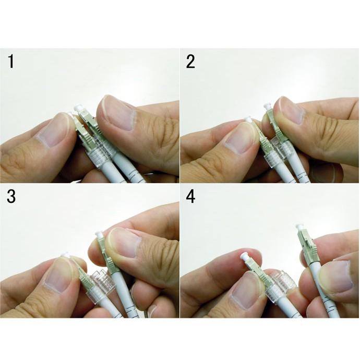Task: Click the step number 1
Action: point(11,61)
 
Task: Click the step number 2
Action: point(190,62)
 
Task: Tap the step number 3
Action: point(11,196)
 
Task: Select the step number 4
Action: point(190,197)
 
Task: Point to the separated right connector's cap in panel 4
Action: point(299,228)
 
